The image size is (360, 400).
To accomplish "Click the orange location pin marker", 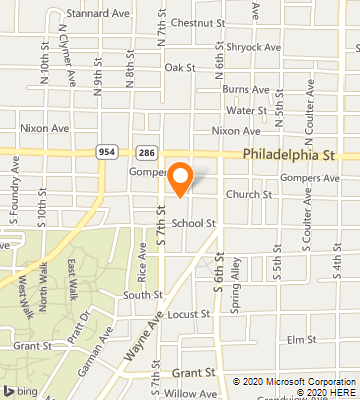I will click(x=180, y=177).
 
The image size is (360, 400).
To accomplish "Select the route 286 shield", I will click(x=146, y=151).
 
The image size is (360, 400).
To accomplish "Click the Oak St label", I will click(x=178, y=67).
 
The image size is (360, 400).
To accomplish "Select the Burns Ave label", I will click(x=247, y=89).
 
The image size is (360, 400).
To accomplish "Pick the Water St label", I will click(x=246, y=111).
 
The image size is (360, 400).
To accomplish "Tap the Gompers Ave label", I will click(x=311, y=178).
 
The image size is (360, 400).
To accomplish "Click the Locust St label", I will click(x=189, y=313).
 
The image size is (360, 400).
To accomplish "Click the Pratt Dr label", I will click(x=87, y=321).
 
